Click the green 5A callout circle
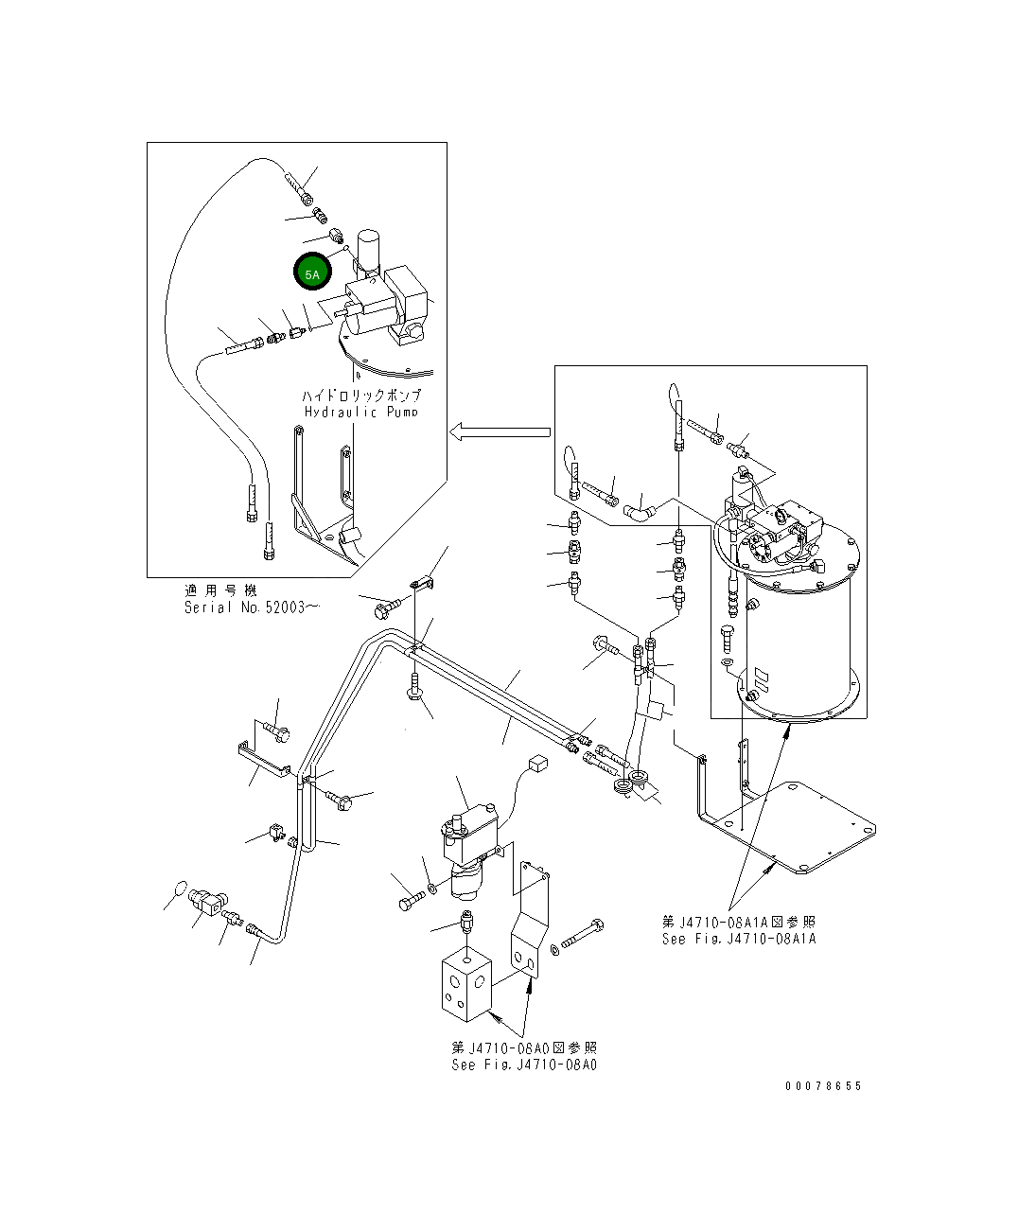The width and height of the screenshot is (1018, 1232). click(x=312, y=273)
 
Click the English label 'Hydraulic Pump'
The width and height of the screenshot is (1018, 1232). click(x=360, y=412)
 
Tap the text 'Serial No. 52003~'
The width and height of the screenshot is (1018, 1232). click(x=251, y=607)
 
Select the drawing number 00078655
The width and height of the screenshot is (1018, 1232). click(x=823, y=1086)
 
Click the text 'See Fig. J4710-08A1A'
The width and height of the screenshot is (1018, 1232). click(x=739, y=939)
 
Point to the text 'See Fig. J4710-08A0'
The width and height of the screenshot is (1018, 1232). click(x=524, y=1065)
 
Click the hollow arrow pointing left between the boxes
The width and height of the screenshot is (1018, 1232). click(x=500, y=432)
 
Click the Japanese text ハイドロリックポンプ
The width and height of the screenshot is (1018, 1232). click(x=360, y=395)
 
